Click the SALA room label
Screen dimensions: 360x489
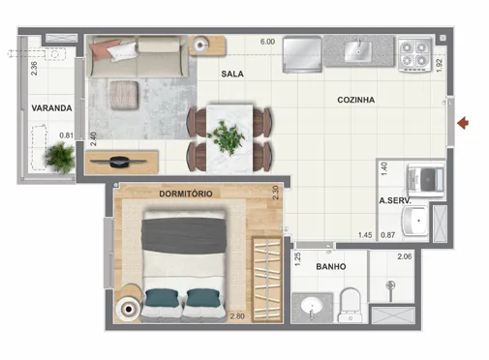point(231,74)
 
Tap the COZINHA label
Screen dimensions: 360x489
point(356,100)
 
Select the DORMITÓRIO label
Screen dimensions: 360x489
point(185,193)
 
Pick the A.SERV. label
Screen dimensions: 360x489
point(397,201)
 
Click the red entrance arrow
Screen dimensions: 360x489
point(464,122)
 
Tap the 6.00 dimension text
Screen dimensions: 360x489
point(267,42)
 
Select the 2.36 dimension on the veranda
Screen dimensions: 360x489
point(34,69)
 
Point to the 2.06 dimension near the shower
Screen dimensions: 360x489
point(406,256)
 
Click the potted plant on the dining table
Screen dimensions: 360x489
point(229,136)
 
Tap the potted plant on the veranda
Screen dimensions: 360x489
point(60,156)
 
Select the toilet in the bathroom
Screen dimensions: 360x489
point(351,302)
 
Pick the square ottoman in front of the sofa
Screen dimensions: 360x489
point(122,94)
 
